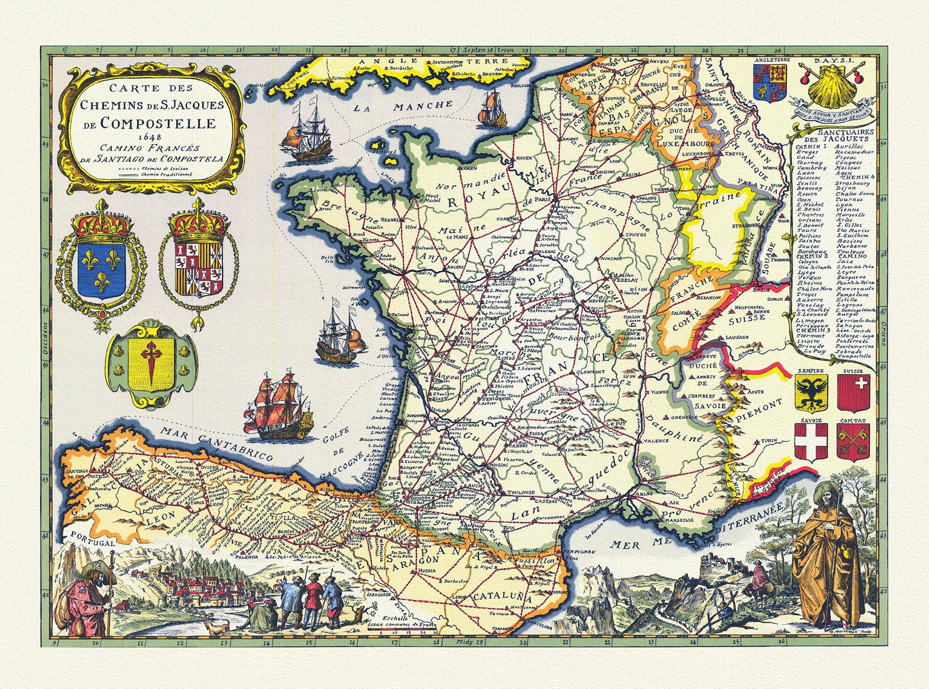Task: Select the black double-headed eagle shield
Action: [811, 394]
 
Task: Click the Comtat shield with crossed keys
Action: [853, 441]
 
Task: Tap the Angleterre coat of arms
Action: [770, 83]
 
